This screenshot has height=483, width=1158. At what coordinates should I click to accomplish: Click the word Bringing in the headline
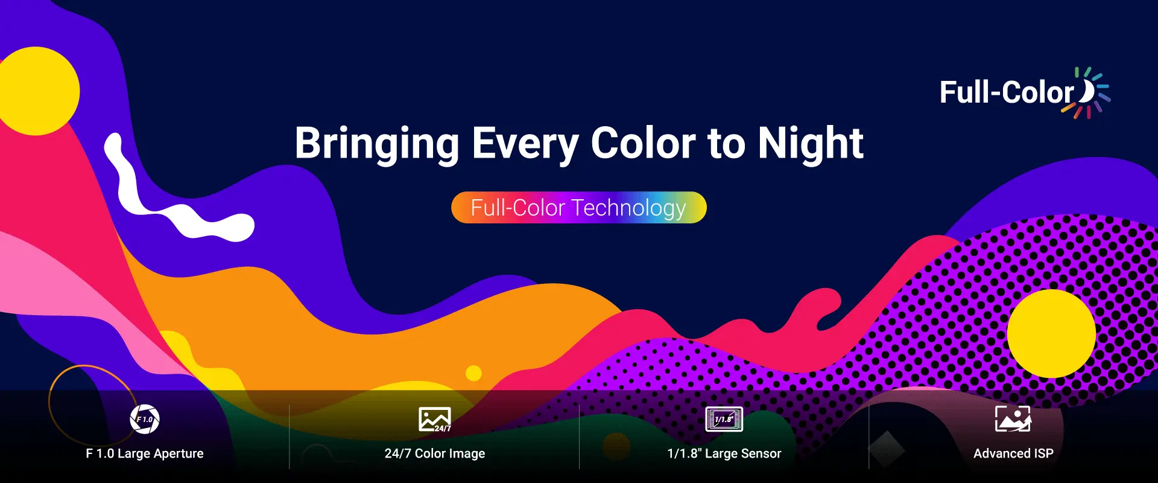377,145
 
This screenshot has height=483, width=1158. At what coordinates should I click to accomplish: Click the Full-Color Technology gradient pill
579,208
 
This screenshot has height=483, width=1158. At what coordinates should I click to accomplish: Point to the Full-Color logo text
1007,92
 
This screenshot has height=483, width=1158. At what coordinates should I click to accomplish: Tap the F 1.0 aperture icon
145,419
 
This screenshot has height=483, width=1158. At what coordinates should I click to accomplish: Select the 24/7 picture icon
435,420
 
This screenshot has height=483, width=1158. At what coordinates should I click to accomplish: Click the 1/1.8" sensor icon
724,419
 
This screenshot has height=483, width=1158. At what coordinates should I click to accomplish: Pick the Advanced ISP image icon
1013,418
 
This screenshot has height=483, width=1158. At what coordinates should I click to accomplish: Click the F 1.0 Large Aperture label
145,454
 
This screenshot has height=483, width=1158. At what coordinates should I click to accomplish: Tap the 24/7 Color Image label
435,454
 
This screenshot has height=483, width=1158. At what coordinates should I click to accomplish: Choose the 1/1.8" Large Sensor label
724,454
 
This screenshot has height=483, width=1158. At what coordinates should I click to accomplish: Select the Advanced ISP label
1013,454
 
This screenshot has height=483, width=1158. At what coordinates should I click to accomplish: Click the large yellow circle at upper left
36,91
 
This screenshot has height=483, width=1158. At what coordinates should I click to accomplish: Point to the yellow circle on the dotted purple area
1051,334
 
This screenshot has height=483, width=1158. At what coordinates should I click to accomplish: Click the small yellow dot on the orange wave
474,373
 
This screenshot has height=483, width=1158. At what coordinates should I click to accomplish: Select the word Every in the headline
525,145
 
